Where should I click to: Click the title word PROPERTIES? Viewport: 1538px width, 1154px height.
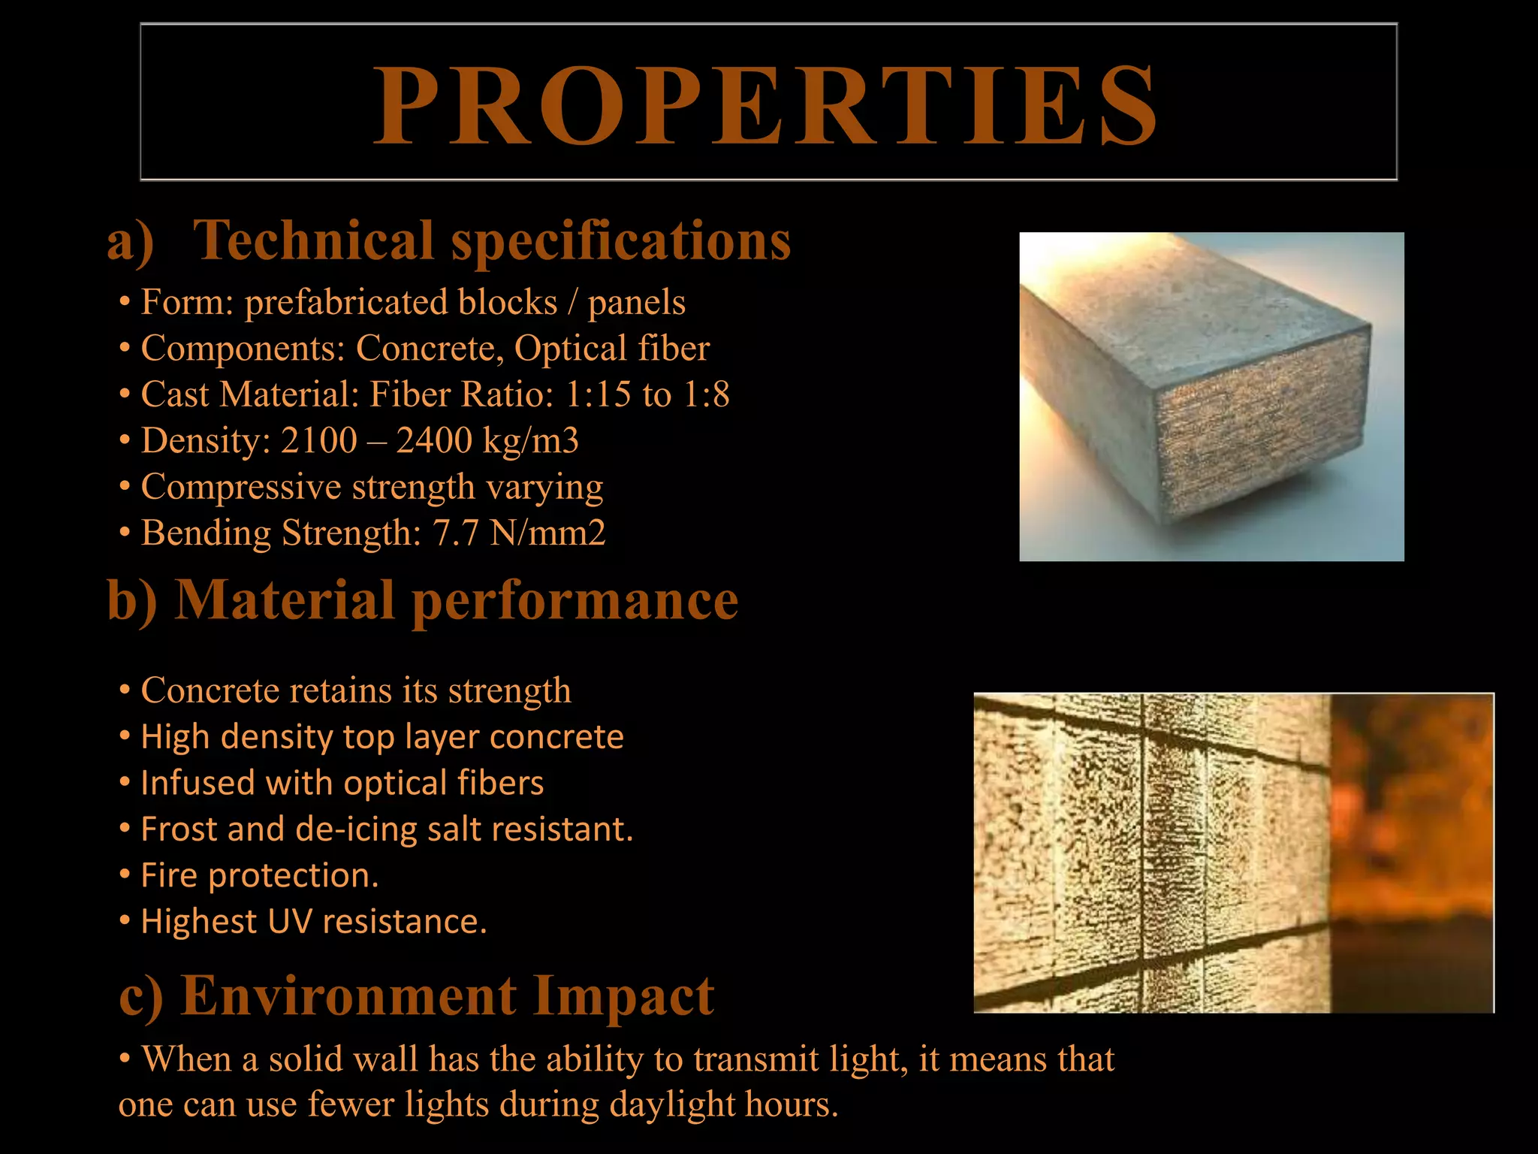tap(766, 105)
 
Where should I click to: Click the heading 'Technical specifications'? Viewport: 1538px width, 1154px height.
tap(492, 240)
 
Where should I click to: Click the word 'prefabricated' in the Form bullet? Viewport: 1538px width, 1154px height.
tap(401, 302)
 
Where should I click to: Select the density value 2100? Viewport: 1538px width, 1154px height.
tap(318, 441)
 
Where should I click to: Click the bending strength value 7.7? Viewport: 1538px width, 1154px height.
tap(455, 533)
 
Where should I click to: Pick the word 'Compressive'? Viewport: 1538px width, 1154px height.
tap(241, 487)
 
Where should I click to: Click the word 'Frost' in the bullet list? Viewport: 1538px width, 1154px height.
tap(178, 829)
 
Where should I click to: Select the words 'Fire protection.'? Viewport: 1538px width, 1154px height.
tap(260, 876)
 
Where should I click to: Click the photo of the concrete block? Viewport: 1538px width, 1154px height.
tap(1211, 397)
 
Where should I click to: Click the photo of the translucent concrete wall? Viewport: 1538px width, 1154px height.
tap(1233, 853)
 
